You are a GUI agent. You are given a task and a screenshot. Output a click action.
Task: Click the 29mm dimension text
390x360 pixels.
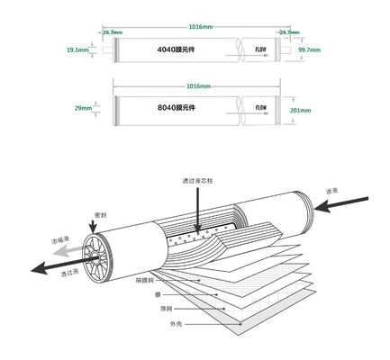[83, 109]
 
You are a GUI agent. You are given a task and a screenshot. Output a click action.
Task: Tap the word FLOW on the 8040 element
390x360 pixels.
[261, 108]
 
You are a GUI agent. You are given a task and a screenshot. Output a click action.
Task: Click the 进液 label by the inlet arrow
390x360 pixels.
[332, 191]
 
